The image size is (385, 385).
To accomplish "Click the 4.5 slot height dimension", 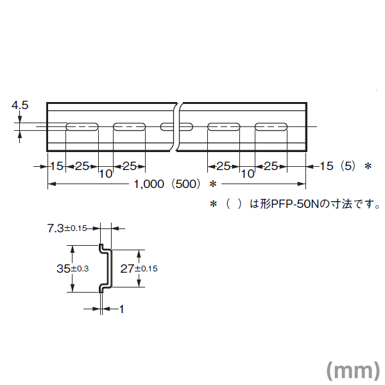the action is [20, 105].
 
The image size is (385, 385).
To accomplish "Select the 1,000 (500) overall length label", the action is [167, 184].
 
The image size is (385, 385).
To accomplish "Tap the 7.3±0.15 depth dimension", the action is [67, 228].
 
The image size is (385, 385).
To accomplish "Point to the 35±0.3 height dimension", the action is [73, 268].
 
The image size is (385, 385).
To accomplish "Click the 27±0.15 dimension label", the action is [139, 269].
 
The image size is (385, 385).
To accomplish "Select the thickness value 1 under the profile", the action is [121, 309].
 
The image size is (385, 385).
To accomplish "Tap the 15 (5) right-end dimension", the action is [338, 166].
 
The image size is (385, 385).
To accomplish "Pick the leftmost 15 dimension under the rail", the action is [56, 166].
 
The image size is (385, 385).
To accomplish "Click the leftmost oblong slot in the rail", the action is [82, 126].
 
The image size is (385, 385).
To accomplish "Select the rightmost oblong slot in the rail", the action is [271, 126].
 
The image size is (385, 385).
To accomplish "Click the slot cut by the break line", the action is [176, 126].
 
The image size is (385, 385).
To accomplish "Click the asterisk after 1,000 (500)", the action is [213, 184].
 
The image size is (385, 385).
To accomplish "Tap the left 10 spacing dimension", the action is [106, 174].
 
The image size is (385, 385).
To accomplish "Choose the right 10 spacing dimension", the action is [248, 174].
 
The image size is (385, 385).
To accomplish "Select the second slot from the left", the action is [130, 126].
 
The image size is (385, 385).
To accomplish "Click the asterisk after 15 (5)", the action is [368, 166].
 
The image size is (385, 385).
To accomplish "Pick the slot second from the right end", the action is [224, 126].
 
